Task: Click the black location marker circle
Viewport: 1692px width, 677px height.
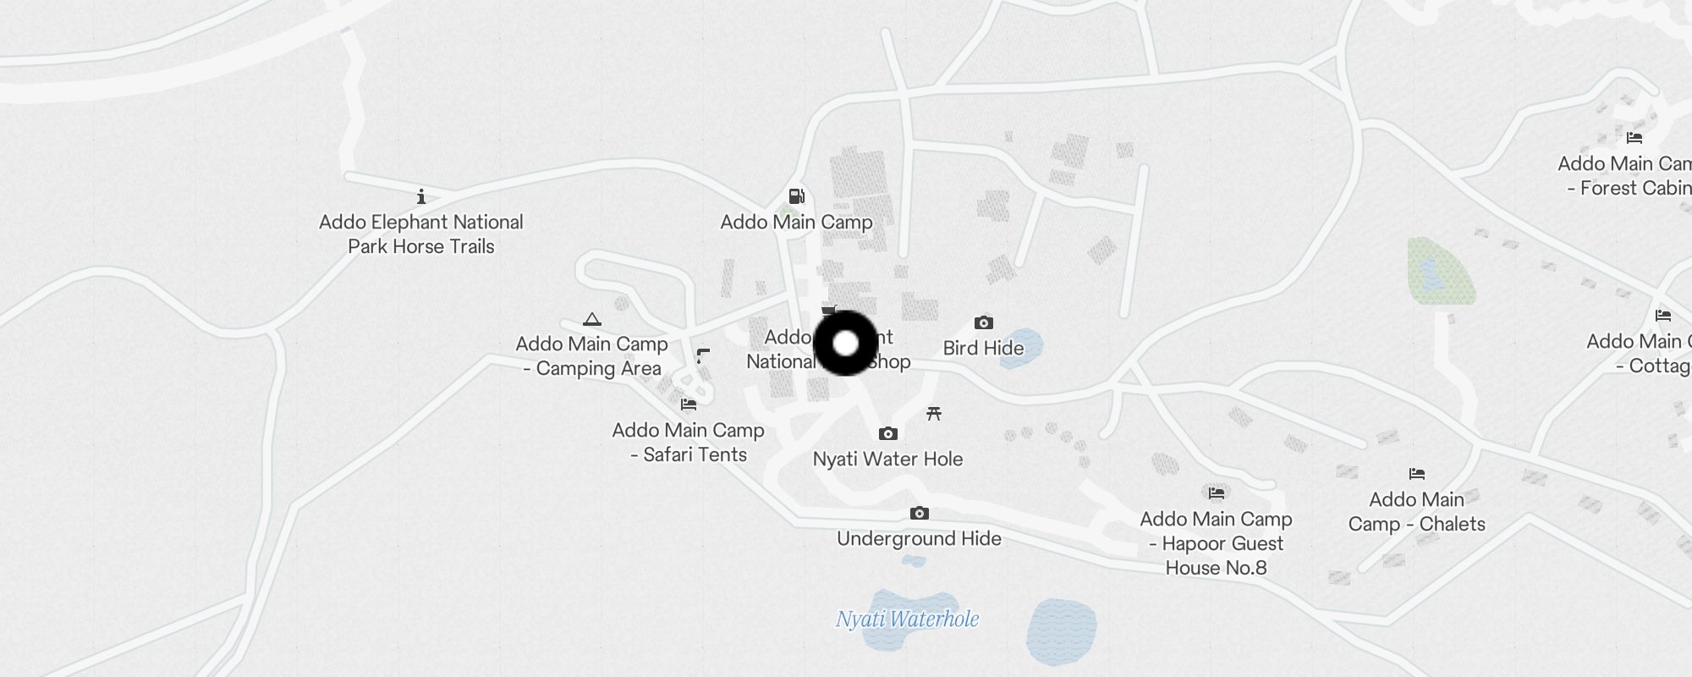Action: point(846,344)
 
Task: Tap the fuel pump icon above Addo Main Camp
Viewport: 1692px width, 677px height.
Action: point(796,196)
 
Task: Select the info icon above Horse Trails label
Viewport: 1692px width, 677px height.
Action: point(421,197)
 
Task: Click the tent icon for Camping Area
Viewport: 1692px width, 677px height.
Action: point(592,319)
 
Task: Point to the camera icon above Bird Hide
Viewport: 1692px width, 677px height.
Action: point(983,322)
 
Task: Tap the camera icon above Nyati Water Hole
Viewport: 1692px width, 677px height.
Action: point(887,433)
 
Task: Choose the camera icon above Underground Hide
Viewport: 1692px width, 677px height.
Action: point(920,513)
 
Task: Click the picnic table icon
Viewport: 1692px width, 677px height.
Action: point(934,413)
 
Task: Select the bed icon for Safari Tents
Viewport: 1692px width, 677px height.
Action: point(689,405)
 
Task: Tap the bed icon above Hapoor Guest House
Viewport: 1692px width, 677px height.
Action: point(1217,493)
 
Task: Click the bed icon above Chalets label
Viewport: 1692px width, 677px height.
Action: point(1417,474)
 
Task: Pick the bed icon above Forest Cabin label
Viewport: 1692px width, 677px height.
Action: point(1634,137)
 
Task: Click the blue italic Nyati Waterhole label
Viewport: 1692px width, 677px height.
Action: point(907,619)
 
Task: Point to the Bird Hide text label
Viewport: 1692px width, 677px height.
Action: point(983,348)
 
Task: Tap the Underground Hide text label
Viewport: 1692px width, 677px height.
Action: point(919,538)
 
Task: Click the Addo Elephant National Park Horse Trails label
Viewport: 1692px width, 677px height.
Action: point(421,234)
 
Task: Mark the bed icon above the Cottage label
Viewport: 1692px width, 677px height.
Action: point(1663,316)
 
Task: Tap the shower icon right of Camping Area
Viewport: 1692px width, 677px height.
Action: point(702,355)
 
